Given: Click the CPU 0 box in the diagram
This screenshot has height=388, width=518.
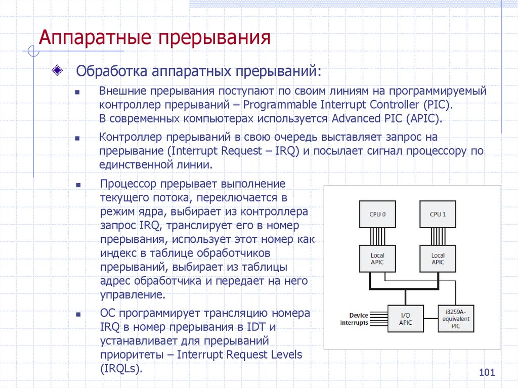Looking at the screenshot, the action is coord(377,214).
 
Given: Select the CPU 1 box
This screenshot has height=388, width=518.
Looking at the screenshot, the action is coord(438,214).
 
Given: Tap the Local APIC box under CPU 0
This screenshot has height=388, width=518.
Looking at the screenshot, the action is coord(377,258).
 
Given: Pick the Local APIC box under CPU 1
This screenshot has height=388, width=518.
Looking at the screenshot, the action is coord(438,258).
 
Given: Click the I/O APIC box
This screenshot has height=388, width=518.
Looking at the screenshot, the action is coord(406,319).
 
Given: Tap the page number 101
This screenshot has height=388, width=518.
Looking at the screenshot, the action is coord(486,373).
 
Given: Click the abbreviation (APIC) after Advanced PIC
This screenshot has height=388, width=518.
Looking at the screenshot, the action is coord(424,119).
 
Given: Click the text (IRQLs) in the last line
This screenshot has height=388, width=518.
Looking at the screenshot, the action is coord(121,368).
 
